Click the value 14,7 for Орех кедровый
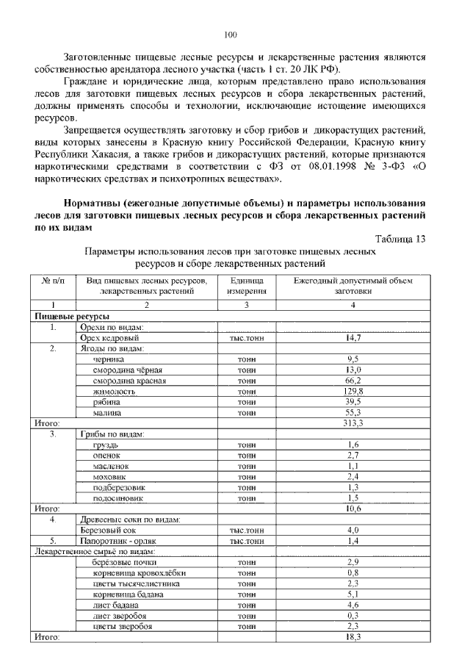coord(352,338)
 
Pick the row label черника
coord(109,359)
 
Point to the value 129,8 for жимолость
coord(352,392)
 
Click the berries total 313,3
coord(352,423)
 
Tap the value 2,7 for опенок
coord(352,456)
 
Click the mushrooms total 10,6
coord(352,508)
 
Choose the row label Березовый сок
coord(109,530)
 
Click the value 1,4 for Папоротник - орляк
coord(352,540)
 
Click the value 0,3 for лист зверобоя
coord(352,615)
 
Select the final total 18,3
coord(352,637)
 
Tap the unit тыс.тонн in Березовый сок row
coord(247,530)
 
